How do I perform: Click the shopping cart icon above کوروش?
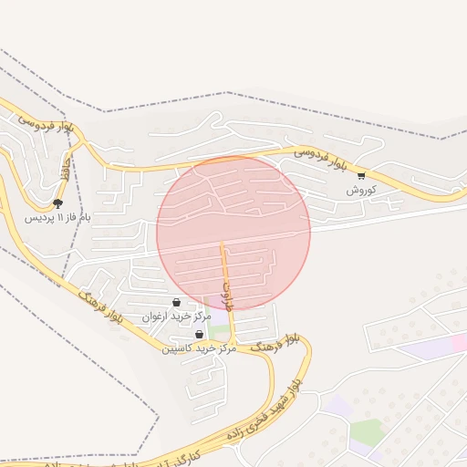coord(361,175)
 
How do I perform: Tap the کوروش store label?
coord(361,191)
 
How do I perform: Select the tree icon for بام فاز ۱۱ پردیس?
coord(58,202)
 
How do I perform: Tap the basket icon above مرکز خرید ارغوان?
coord(176,302)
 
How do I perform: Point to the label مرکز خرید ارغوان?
coord(176,317)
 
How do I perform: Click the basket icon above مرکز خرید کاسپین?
coord(199,335)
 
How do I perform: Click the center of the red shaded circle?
coord(233,233)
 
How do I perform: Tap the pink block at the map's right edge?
coord(459,342)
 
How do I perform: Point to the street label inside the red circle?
coord(228,295)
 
